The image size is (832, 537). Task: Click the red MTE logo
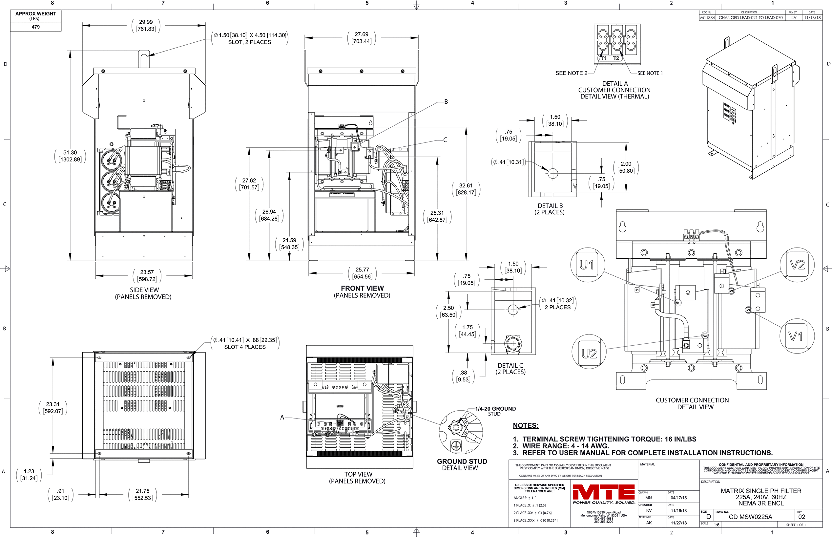[603, 492]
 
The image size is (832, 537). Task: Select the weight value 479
[35, 27]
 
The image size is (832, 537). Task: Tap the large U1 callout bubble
[587, 265]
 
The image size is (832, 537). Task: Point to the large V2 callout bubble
[797, 265]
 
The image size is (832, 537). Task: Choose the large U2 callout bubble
[589, 354]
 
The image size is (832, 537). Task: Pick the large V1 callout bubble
[796, 336]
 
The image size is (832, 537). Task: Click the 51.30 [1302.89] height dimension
[70, 156]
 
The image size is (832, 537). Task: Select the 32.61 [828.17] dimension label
[466, 189]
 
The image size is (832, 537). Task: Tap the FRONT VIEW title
[362, 289]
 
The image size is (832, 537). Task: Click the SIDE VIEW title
[144, 290]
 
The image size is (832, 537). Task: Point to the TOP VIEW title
[358, 474]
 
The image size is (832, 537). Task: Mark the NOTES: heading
[525, 425]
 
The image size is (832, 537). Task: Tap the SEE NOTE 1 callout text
[650, 73]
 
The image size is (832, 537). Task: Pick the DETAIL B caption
[550, 206]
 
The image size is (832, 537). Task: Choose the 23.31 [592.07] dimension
[52, 408]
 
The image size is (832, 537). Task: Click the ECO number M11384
[707, 17]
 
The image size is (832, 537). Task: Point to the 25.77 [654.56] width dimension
[362, 273]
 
